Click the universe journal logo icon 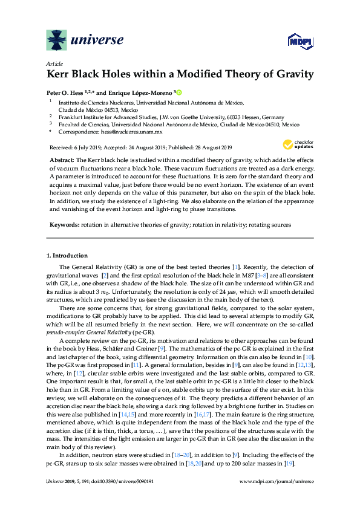(x=57, y=41)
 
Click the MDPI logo (x=293, y=41)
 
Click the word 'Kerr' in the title (x=60, y=75)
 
